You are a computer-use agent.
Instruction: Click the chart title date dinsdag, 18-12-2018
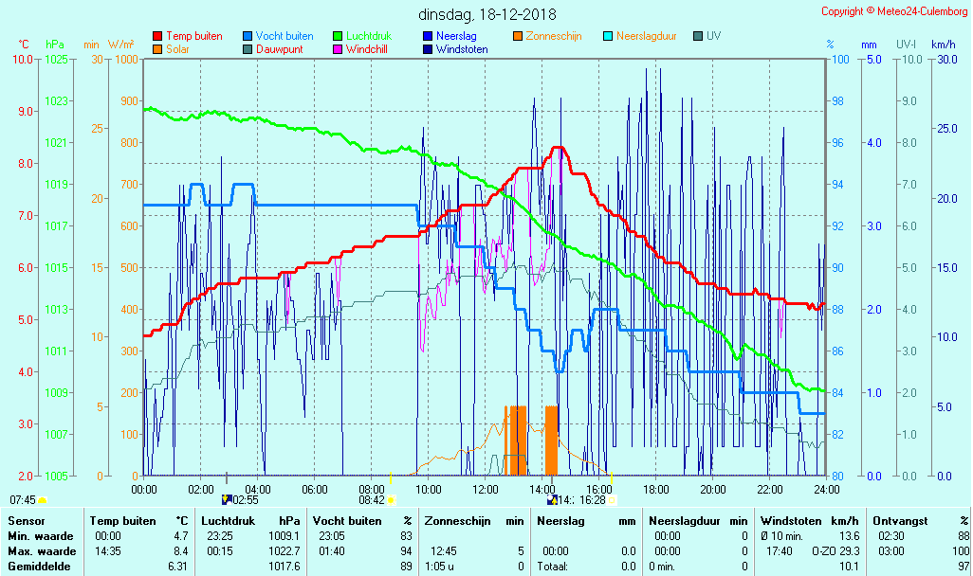pyautogui.click(x=487, y=15)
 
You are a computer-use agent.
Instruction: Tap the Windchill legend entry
pyautogui.click(x=366, y=49)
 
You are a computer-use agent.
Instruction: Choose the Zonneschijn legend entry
pyautogui.click(x=553, y=36)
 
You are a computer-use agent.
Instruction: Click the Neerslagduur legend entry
pyautogui.click(x=646, y=36)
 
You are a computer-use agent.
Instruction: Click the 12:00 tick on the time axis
pyautogui.click(x=486, y=490)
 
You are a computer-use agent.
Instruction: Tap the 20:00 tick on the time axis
pyautogui.click(x=713, y=490)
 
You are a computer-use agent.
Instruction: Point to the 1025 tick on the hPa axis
pyautogui.click(x=56, y=60)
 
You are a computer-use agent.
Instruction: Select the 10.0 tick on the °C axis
pyautogui.click(x=23, y=60)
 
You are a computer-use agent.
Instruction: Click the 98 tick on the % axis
pyautogui.click(x=837, y=101)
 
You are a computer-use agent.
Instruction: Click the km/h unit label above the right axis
pyautogui.click(x=943, y=45)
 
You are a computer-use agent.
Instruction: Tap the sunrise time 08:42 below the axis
pyautogui.click(x=372, y=500)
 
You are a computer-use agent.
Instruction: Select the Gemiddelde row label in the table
pyautogui.click(x=41, y=567)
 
